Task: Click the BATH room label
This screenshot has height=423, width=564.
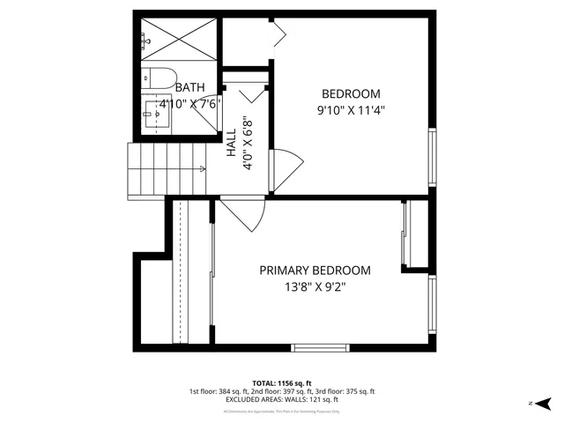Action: click(x=189, y=87)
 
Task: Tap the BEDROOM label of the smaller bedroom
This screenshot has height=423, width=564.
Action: click(x=351, y=94)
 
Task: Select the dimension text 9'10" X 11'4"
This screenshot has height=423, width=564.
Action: click(x=351, y=111)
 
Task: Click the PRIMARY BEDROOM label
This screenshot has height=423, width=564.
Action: click(x=315, y=271)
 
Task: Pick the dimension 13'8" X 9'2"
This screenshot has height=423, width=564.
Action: click(x=315, y=287)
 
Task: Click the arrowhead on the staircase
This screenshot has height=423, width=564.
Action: click(x=203, y=168)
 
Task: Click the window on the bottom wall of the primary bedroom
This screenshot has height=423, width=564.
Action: click(x=320, y=345)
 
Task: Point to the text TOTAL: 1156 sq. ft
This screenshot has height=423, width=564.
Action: click(x=282, y=383)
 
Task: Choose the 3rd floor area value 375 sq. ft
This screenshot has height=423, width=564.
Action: click(x=359, y=391)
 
